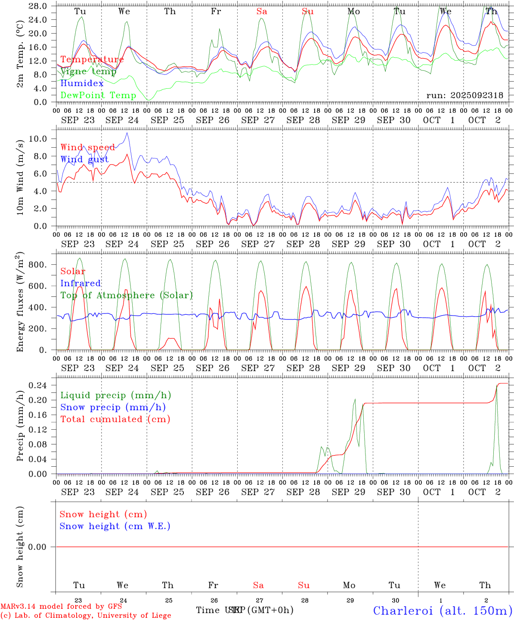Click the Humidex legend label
pyautogui.click(x=82, y=84)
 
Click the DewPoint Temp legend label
pyautogui.click(x=98, y=95)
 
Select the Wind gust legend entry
pyautogui.click(x=84, y=159)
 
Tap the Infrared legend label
pyautogui.click(x=81, y=283)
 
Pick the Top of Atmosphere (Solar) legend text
pyautogui.click(x=126, y=295)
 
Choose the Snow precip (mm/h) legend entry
pyautogui.click(x=113, y=407)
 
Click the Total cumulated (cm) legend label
pyautogui.click(x=115, y=419)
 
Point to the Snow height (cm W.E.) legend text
pyautogui.click(x=115, y=526)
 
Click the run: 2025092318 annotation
pyautogui.click(x=464, y=95)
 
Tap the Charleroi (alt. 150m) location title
pyautogui.click(x=443, y=611)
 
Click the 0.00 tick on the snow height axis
pyautogui.click(x=37, y=547)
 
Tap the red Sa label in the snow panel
pyautogui.click(x=258, y=585)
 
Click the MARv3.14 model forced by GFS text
pyautogui.click(x=61, y=607)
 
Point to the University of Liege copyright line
pyautogui.click(x=86, y=616)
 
